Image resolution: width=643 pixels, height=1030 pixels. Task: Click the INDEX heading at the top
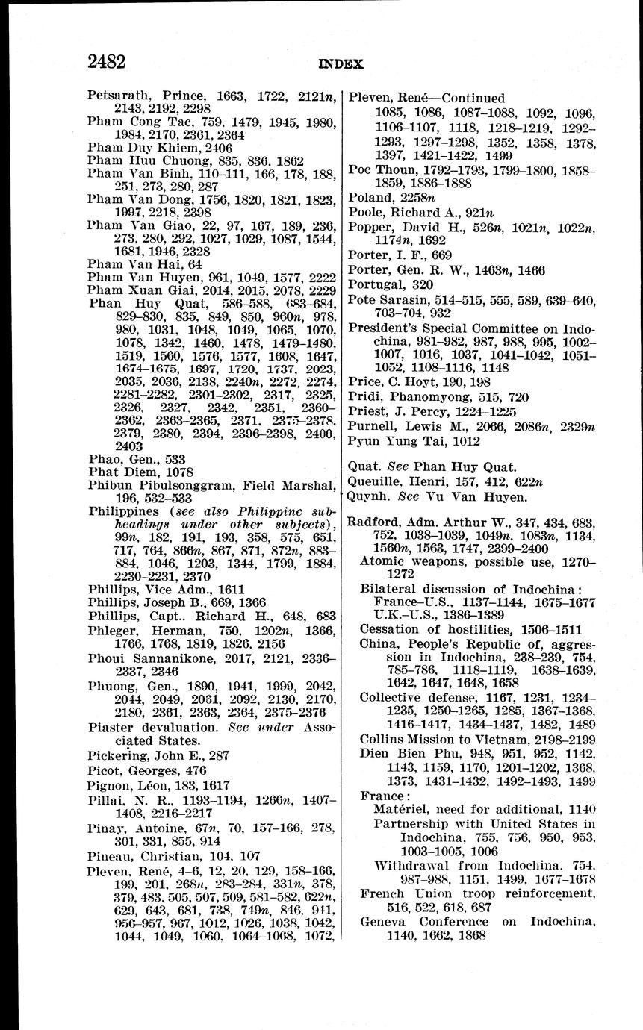point(341,64)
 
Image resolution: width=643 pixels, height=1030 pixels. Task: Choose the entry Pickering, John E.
point(148,755)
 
